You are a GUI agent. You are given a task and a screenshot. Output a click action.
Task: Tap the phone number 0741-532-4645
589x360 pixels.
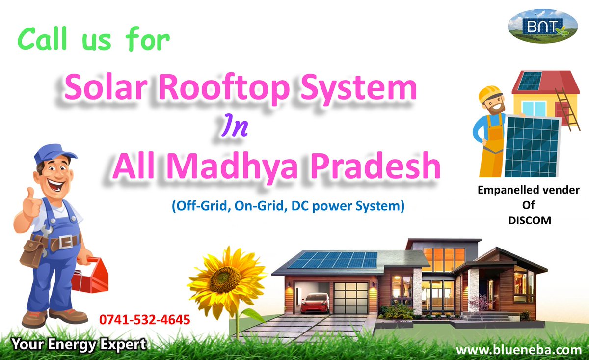(x=144, y=320)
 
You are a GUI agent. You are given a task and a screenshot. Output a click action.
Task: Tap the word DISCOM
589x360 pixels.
(x=529, y=221)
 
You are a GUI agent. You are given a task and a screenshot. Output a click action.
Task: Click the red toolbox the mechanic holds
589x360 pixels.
(x=89, y=275)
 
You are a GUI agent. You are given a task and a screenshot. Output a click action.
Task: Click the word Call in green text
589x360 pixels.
(x=46, y=40)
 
